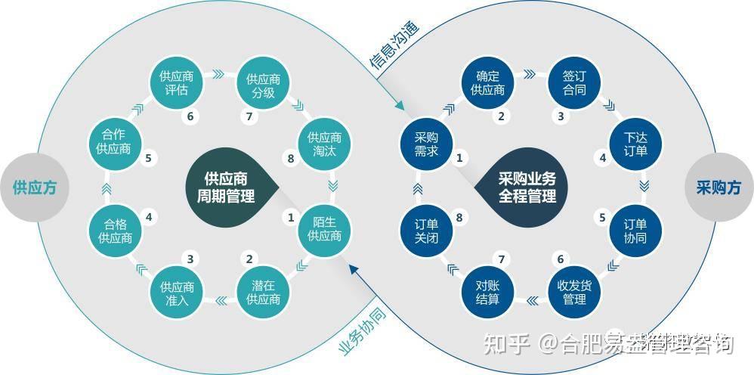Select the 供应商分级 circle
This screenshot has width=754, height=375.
(264, 85)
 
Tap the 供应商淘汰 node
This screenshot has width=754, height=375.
(325, 144)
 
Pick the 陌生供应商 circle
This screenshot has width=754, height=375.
(325, 228)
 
